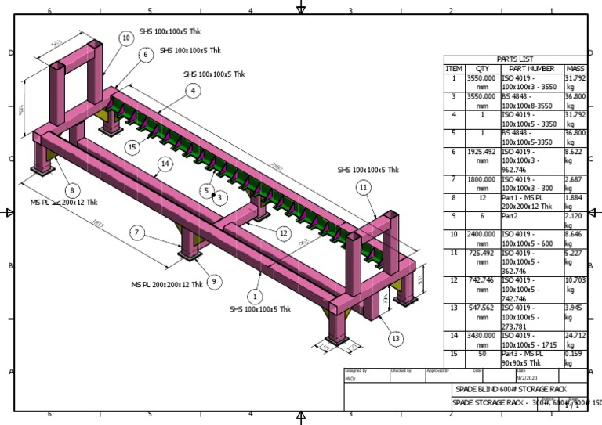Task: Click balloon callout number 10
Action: tap(126, 38)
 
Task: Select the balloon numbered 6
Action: tap(146, 55)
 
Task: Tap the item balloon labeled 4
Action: tap(192, 91)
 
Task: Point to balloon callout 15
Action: tap(132, 146)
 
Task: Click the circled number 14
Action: tap(164, 164)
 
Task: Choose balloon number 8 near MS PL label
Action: tap(72, 189)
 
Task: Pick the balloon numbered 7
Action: tap(136, 232)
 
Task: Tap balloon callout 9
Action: tap(213, 282)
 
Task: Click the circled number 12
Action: tap(283, 233)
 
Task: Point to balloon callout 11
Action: tap(362, 188)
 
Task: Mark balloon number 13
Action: tap(395, 338)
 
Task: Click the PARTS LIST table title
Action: tap(515, 59)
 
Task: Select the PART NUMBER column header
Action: tap(531, 69)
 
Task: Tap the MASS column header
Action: tap(575, 69)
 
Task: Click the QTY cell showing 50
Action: tap(483, 354)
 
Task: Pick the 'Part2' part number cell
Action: tap(511, 215)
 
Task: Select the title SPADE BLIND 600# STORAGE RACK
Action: tap(510, 389)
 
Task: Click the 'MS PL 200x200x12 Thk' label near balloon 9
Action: tap(166, 285)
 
